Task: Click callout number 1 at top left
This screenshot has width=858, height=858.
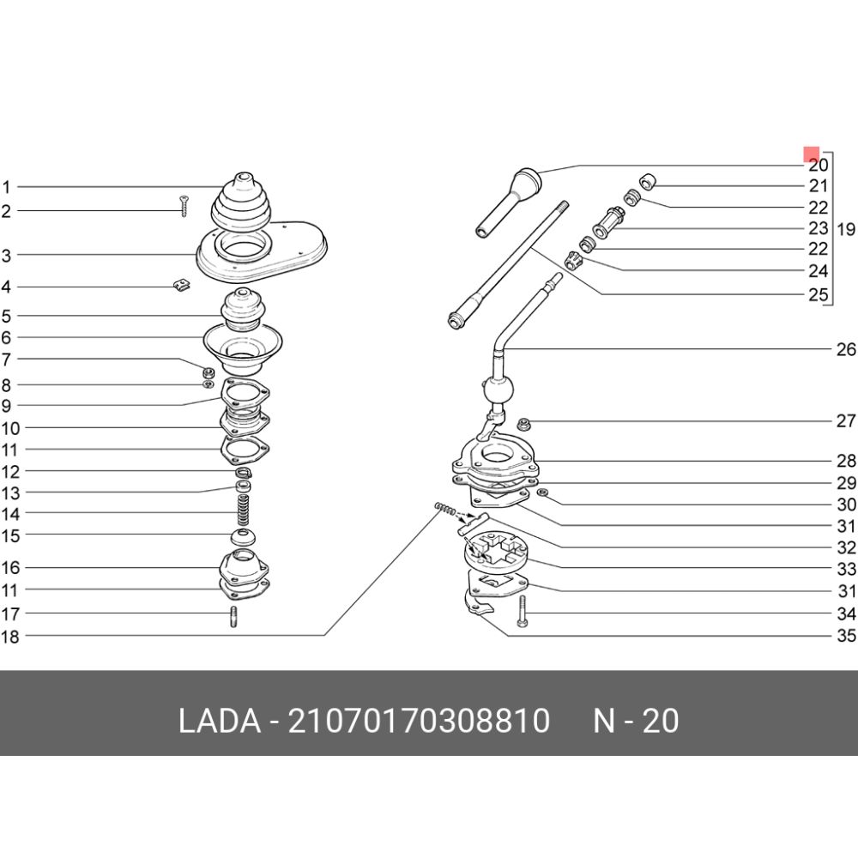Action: click(6, 187)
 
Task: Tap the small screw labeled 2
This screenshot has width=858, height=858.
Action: click(184, 206)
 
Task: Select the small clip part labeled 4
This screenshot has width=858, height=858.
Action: click(181, 285)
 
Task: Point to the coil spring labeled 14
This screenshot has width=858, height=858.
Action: click(243, 510)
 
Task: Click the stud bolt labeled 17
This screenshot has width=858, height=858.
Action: click(233, 617)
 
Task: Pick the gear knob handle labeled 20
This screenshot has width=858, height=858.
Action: click(508, 202)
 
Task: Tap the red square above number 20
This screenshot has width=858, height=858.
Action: click(811, 154)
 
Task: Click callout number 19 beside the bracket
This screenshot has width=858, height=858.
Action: click(845, 229)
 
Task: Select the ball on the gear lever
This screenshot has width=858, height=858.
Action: click(498, 390)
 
